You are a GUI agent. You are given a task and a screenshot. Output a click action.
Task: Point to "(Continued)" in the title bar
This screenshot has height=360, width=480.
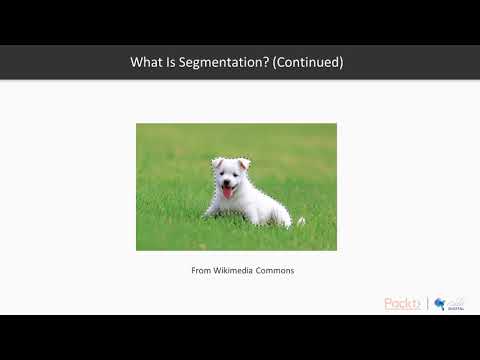[x=311, y=62]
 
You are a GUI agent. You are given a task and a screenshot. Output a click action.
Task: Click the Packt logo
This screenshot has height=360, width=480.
[x=402, y=304]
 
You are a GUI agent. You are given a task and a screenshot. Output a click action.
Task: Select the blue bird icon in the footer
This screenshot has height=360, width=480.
[x=440, y=303]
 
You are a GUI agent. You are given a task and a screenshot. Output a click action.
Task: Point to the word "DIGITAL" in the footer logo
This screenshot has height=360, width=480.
[x=455, y=309]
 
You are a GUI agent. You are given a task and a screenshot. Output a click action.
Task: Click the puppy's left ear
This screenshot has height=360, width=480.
[x=216, y=164]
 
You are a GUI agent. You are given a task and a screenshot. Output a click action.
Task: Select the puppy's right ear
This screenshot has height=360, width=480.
[x=244, y=163]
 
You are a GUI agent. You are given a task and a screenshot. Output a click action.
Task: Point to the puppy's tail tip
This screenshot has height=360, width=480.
[x=301, y=220]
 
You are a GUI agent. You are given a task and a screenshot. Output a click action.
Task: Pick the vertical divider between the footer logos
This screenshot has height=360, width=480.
[x=428, y=304]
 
